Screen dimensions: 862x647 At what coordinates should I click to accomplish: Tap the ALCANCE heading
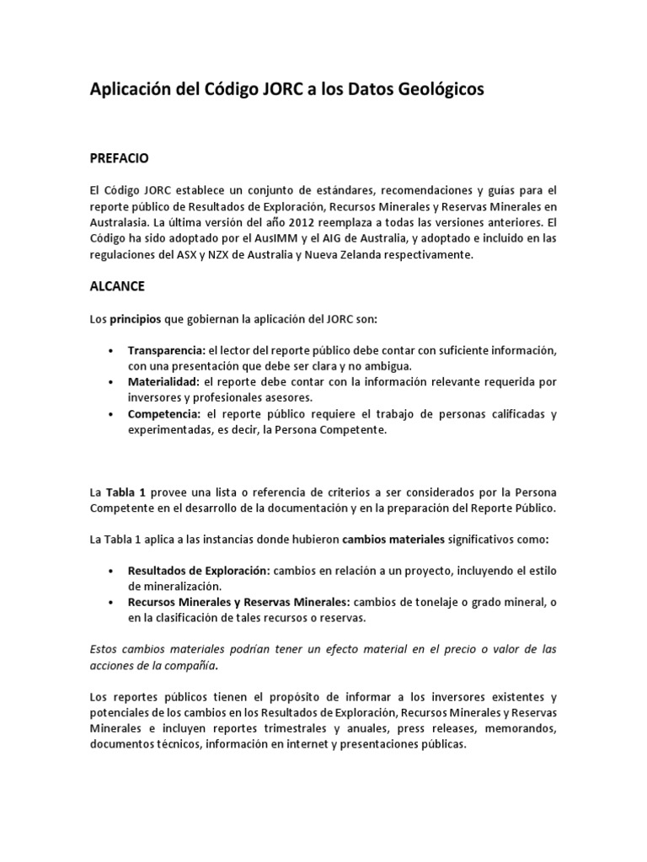(x=117, y=286)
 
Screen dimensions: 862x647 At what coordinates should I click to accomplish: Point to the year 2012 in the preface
(x=306, y=223)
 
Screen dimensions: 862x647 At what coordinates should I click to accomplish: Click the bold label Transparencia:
(x=167, y=350)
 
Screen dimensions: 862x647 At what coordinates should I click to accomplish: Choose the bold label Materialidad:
(x=164, y=382)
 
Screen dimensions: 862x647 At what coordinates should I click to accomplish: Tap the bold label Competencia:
(x=163, y=414)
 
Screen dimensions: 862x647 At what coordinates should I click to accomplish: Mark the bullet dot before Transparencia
(x=111, y=350)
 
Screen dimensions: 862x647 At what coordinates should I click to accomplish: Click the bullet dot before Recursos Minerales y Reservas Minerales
(x=111, y=602)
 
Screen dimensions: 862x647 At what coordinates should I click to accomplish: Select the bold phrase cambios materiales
(x=393, y=539)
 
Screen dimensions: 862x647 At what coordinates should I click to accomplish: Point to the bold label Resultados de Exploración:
(x=199, y=570)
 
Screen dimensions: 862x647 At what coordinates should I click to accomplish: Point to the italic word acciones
(x=115, y=666)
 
